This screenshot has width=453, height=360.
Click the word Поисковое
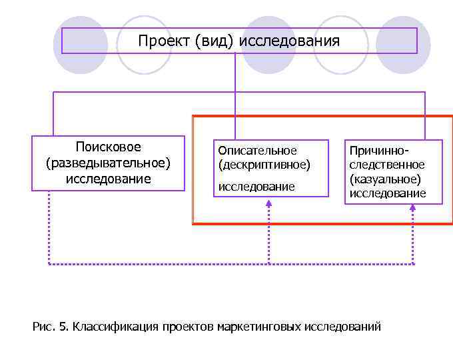coord(108,147)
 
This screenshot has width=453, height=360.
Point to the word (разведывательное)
coord(108,163)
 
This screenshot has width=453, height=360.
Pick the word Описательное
coord(258,151)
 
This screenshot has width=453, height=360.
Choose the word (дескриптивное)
coord(264,163)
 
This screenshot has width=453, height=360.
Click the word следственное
coord(387,165)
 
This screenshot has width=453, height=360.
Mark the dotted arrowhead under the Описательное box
coord(268,205)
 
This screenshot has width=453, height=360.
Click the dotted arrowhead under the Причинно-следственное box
coord(412,208)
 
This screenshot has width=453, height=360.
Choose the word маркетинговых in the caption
coord(260,327)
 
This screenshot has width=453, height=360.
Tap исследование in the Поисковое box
coord(108,179)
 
